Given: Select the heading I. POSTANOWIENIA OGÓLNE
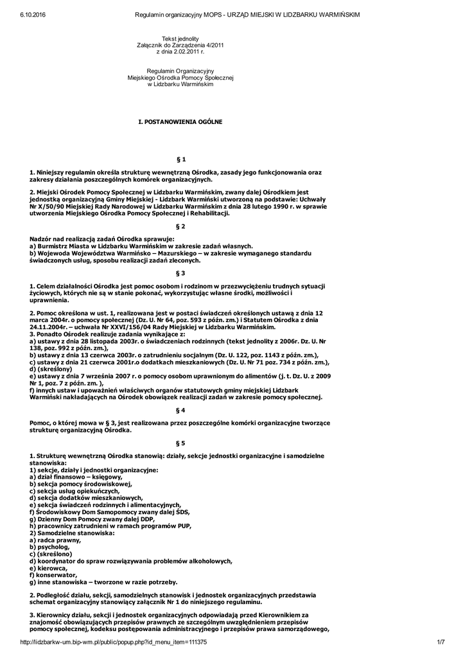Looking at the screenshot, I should tap(180, 121).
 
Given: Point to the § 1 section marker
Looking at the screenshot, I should tap(180, 158).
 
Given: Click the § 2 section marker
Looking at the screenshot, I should tap(180, 226).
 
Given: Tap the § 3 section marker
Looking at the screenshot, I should tap(180, 273).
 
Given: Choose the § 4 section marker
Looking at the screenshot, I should tap(180, 409).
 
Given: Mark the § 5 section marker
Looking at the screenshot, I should tap(180, 443).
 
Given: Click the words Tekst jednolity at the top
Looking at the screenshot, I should tap(180, 39).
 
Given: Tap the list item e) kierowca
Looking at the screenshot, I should tap(49, 568).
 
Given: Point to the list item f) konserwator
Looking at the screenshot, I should tap(53, 575).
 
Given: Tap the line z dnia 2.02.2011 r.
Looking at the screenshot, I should tap(180, 51).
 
